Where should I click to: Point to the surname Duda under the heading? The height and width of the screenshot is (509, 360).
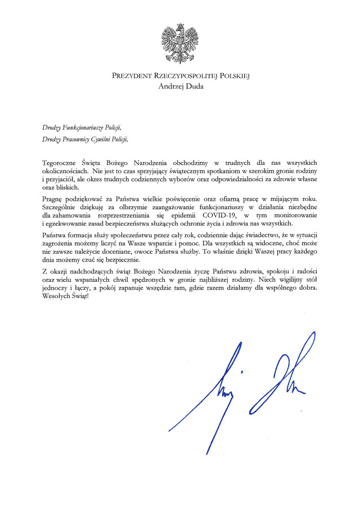tap(194, 87)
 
